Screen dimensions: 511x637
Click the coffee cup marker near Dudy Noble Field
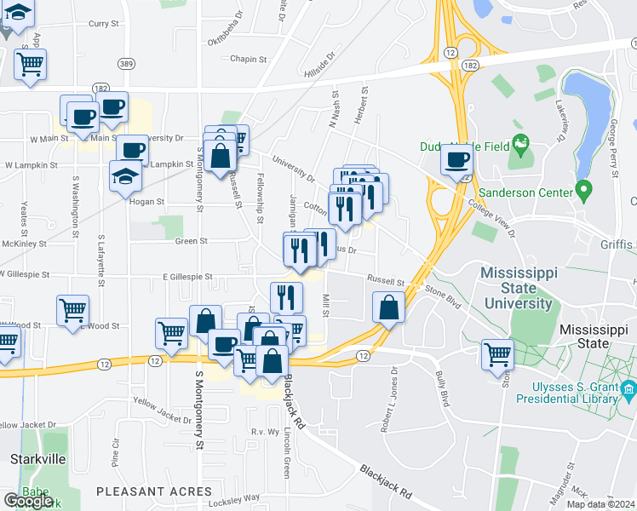[x=456, y=160]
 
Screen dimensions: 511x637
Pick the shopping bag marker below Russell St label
[x=388, y=309]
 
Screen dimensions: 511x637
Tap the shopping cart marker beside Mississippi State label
[x=497, y=353]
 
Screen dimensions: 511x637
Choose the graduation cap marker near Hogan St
[x=125, y=176]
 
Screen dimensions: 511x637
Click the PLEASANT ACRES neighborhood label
[x=153, y=491]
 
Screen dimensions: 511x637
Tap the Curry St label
[x=103, y=24]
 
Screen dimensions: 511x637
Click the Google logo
[x=28, y=501]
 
